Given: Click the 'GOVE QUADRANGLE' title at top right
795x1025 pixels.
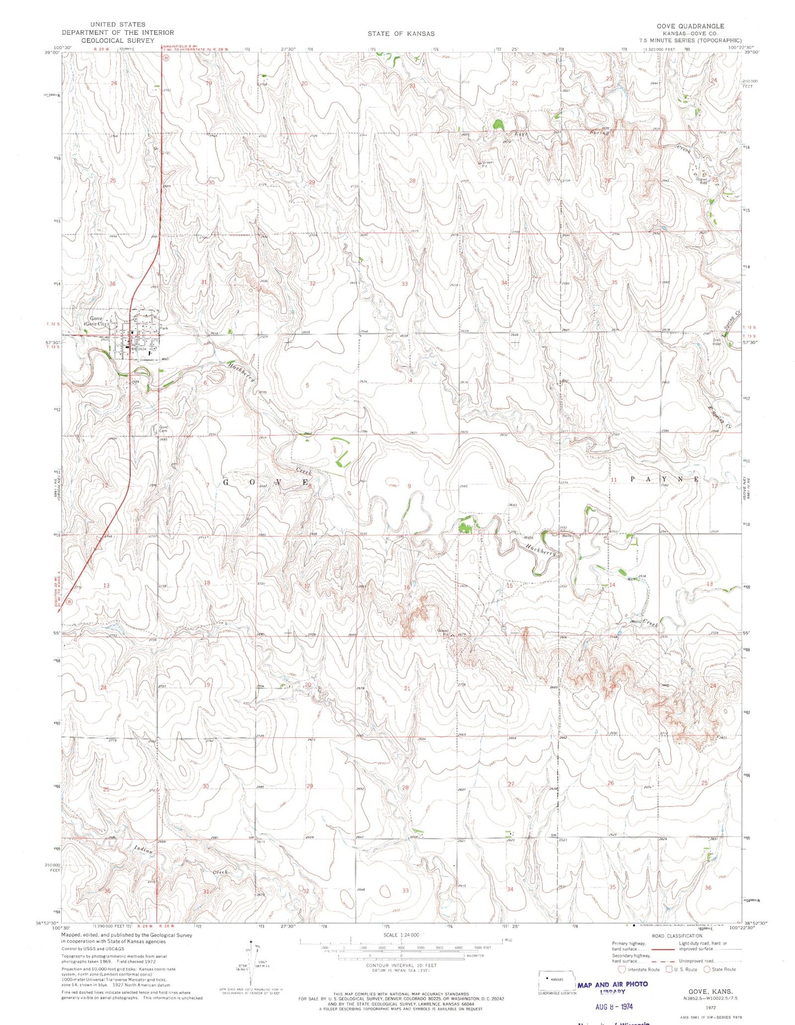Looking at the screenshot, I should [690, 26].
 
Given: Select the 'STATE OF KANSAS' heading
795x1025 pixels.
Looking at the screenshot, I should [401, 34].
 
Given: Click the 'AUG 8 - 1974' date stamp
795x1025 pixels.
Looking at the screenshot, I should [614, 1006].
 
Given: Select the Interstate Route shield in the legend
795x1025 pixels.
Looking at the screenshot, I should [622, 969].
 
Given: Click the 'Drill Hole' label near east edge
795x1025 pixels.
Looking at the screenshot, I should [716, 342].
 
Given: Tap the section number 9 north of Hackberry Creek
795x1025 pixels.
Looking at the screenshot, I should [409, 486].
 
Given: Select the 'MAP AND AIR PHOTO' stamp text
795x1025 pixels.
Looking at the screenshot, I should [612, 984].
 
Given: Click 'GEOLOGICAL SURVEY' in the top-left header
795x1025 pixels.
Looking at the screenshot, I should [117, 40].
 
